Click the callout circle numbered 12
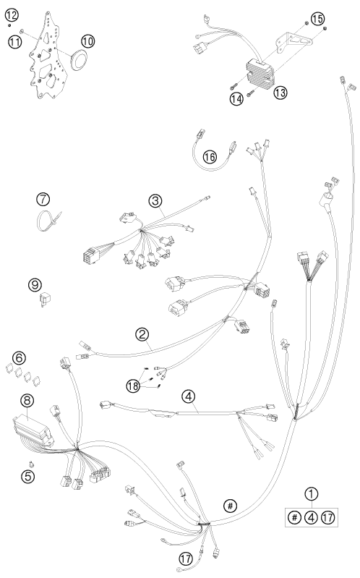pyautogui.click(x=12, y=15)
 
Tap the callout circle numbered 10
pyautogui.click(x=87, y=41)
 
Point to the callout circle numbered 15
pyautogui.click(x=317, y=18)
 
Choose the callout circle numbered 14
pyautogui.click(x=237, y=98)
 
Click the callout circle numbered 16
pyautogui.click(x=210, y=157)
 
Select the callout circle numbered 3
pyautogui.click(x=155, y=200)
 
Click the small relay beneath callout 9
pyautogui.click(x=46, y=299)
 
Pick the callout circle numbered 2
pyautogui.click(x=142, y=334)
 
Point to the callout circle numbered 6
pyautogui.click(x=20, y=357)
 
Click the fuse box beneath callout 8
pyautogui.click(x=33, y=430)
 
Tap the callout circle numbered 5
pyautogui.click(x=27, y=476)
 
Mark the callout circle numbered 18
pyautogui.click(x=133, y=386)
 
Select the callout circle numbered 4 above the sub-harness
pyautogui.click(x=188, y=396)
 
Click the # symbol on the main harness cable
pyautogui.click(x=230, y=506)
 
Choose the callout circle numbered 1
pyautogui.click(x=312, y=494)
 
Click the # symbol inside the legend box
pyautogui.click(x=294, y=517)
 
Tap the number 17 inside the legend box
pyautogui.click(x=328, y=517)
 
